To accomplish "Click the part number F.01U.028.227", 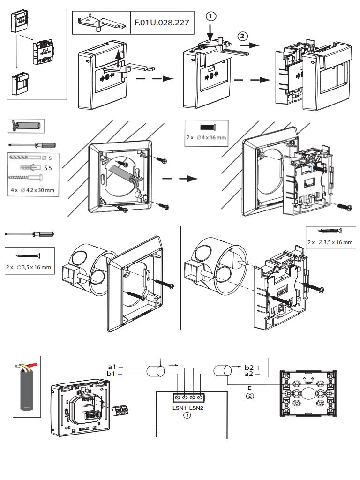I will point(161,22).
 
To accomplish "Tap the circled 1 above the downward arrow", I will point(211,16).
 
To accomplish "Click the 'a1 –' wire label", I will point(115,366).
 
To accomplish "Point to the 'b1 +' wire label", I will point(115,374).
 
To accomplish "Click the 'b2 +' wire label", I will point(253,367).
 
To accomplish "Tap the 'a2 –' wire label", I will point(253,374).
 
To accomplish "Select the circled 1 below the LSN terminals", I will point(187,415).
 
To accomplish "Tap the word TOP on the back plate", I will point(308,382).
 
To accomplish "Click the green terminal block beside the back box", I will point(121,409).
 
